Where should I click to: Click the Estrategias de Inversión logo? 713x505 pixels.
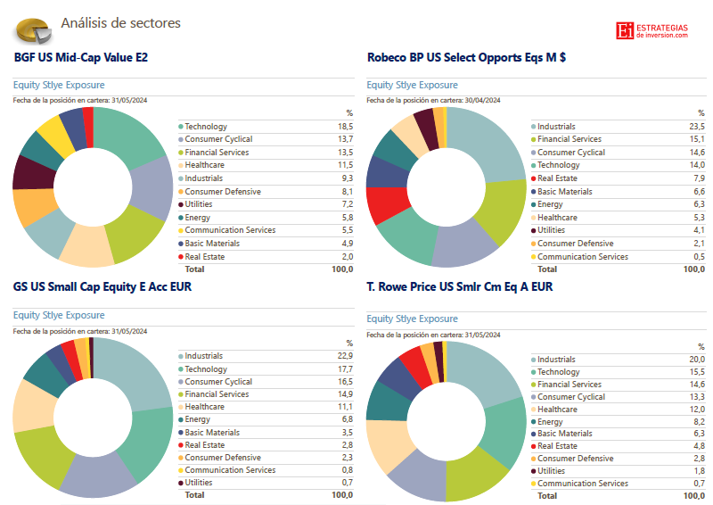pyautogui.click(x=652, y=30)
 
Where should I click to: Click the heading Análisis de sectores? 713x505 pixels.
pyautogui.click(x=120, y=22)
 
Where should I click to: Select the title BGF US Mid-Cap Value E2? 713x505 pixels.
pyautogui.click(x=81, y=57)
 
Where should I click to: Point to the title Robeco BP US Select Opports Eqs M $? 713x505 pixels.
pyautogui.click(x=466, y=57)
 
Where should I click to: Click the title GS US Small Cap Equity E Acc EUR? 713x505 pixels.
pyautogui.click(x=102, y=287)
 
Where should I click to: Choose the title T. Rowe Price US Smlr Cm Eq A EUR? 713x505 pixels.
pyautogui.click(x=460, y=287)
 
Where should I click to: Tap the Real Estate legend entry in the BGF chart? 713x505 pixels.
pyautogui.click(x=205, y=256)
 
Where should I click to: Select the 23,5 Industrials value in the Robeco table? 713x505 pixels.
pyautogui.click(x=698, y=127)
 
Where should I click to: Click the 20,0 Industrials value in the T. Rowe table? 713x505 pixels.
pyautogui.click(x=698, y=360)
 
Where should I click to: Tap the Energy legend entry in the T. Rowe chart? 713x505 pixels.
pyautogui.click(x=550, y=422)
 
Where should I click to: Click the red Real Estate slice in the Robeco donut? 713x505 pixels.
pyautogui.click(x=385, y=204)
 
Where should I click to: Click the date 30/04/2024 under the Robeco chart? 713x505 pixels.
pyautogui.click(x=480, y=100)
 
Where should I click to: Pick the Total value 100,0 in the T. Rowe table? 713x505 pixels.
pyautogui.click(x=694, y=495)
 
